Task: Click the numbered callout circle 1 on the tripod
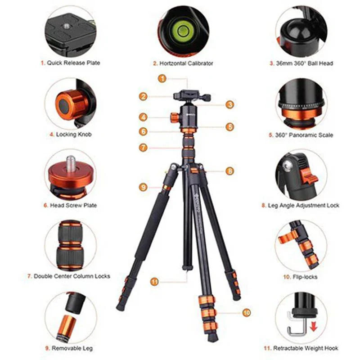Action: pyautogui.click(x=162, y=78)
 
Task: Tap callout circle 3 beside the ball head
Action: pyautogui.click(x=230, y=104)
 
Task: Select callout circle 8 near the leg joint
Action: pyautogui.click(x=230, y=171)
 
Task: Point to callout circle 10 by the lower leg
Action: pyautogui.click(x=246, y=312)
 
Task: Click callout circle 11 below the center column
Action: pyautogui.click(x=154, y=282)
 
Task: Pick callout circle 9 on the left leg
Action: pyautogui.click(x=143, y=187)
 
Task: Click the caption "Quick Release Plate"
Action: pyautogui.click(x=70, y=63)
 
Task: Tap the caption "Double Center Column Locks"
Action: pyautogui.click(x=71, y=276)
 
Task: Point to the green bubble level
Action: pyautogui.click(x=183, y=31)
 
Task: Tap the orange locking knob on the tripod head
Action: pyautogui.click(x=174, y=117)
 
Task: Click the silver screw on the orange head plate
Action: pyautogui.click(x=71, y=162)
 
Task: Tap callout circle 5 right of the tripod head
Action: pyautogui.click(x=230, y=127)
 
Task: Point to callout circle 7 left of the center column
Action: pyautogui.click(x=143, y=147)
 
